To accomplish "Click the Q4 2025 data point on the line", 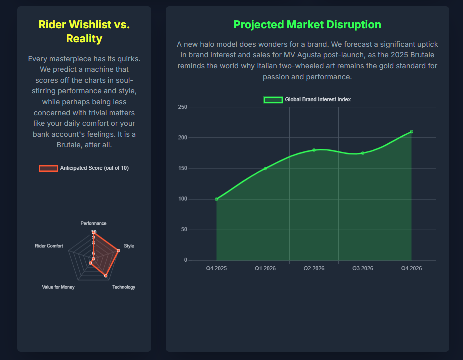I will coord(216,199).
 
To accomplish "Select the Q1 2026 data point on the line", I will coord(265,168).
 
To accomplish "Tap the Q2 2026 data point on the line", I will coord(314,150).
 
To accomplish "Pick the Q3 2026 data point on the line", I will coord(363,153).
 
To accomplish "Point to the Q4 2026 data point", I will coord(411,132).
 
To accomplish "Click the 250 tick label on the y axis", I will coord(182,107).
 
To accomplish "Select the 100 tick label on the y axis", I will coord(182,199).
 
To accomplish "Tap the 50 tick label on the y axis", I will coord(184,230).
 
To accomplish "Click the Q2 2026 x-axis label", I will coord(314,268).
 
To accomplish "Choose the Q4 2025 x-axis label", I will coord(216,268).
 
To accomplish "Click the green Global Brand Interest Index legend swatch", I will coord(273,100).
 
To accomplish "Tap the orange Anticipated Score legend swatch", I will coord(48,168).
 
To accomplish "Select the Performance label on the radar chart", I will coord(93,223).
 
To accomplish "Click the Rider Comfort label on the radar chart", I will coord(49,246).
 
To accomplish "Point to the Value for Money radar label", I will coord(58,287).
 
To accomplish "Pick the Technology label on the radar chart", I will coord(124,287).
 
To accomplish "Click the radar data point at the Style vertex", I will coord(118,250).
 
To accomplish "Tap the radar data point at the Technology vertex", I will coord(106,275).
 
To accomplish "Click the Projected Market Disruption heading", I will coord(307,24).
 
